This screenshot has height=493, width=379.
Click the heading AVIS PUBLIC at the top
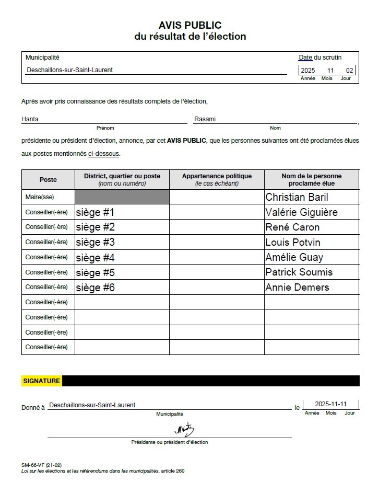point(190,25)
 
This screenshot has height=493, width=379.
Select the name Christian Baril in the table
point(297,197)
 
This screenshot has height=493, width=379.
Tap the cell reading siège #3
point(95,242)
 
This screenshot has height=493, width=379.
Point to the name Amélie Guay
point(294,257)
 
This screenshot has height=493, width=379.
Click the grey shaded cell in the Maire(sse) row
point(122,197)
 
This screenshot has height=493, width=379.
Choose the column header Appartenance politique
point(217,177)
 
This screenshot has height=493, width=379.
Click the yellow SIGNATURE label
point(42,381)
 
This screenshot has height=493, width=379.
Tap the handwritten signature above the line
point(184,430)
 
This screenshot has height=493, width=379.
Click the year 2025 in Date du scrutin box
point(308,71)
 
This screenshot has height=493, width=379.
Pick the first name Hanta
point(30,119)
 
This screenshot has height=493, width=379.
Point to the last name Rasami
point(205,119)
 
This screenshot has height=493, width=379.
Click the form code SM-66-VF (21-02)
point(41,465)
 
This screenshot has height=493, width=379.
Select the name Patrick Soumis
point(299,272)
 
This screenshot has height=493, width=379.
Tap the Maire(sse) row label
point(40,197)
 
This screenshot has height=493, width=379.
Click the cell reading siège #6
point(95,287)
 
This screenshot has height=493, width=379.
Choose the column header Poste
point(48,179)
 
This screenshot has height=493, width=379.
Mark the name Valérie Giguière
point(301,212)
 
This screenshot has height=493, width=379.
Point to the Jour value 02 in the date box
point(349,71)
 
